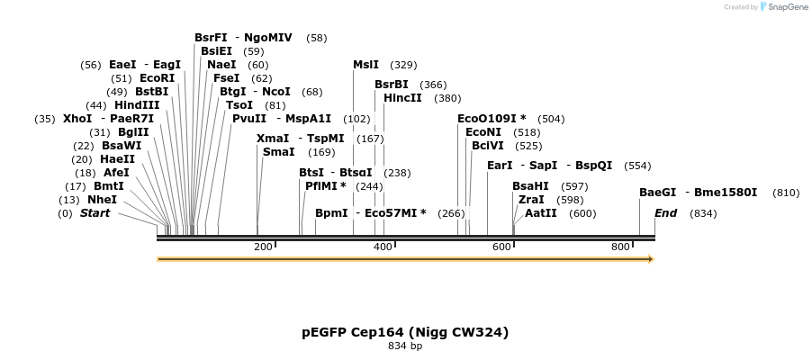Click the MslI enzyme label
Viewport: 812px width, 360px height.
click(x=365, y=65)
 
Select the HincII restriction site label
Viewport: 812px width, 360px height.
click(x=402, y=98)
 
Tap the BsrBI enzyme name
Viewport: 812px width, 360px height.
click(x=392, y=85)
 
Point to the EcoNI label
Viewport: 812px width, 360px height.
click(x=483, y=132)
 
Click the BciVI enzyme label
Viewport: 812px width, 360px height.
click(x=488, y=146)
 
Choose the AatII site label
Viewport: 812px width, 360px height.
click(x=541, y=213)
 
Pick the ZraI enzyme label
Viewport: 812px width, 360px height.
click(x=531, y=200)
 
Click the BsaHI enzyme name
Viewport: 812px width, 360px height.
click(x=530, y=186)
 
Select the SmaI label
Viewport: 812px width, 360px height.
click(x=278, y=152)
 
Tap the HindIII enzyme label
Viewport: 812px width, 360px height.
click(x=137, y=105)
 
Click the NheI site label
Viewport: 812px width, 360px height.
click(x=102, y=200)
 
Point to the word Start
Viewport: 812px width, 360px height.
click(x=95, y=213)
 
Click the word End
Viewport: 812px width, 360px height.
click(x=666, y=213)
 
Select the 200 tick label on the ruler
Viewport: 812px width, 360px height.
click(x=263, y=247)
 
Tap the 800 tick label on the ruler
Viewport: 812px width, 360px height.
click(x=620, y=247)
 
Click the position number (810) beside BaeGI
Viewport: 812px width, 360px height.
click(x=786, y=193)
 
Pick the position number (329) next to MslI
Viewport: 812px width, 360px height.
click(x=403, y=65)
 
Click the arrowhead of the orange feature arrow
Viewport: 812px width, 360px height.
click(x=650, y=259)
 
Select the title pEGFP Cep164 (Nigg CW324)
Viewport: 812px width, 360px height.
click(x=405, y=332)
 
